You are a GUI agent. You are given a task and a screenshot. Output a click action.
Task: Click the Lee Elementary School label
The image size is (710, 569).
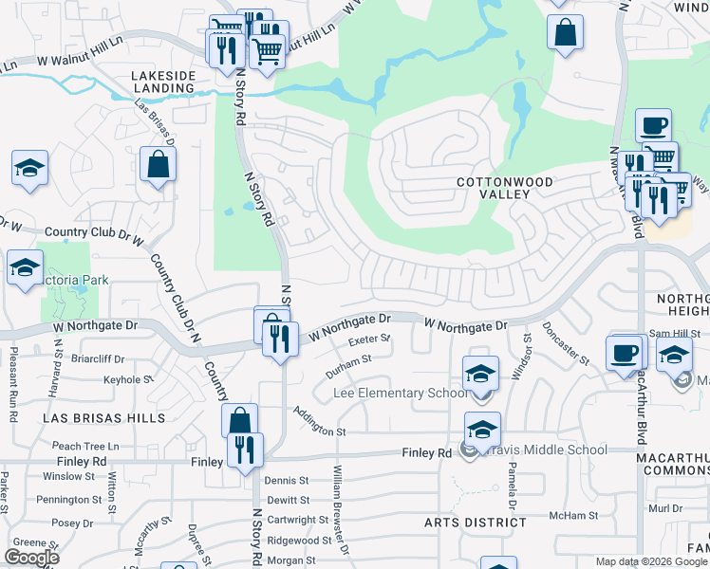[x=400, y=394]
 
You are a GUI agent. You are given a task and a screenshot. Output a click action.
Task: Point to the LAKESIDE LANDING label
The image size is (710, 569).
[x=162, y=82]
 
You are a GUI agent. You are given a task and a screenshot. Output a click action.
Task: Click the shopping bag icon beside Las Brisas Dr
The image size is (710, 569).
[x=158, y=165]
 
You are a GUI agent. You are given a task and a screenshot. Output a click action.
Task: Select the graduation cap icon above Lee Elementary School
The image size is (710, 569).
[x=481, y=372]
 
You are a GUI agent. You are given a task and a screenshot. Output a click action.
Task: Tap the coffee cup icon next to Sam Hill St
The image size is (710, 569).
[x=624, y=355]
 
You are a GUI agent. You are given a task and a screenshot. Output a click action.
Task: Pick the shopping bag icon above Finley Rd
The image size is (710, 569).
[x=240, y=420]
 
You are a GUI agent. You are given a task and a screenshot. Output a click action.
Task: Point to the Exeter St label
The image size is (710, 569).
[x=369, y=339]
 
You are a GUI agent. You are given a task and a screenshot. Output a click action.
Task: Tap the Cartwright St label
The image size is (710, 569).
[x=297, y=520]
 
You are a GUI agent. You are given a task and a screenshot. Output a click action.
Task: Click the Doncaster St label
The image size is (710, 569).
[x=566, y=342]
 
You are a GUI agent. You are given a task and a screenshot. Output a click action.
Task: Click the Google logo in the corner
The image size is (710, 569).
[x=31, y=558]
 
